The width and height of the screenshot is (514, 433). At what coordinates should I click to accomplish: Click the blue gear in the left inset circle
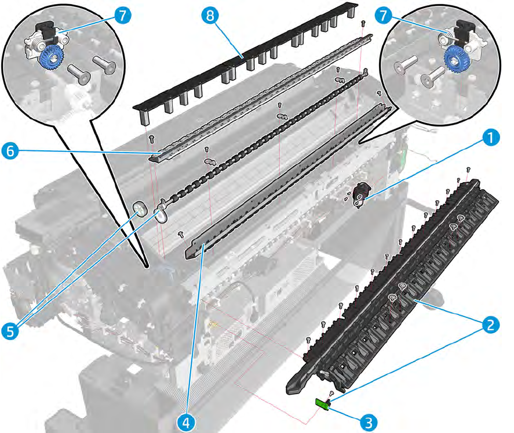[x=53, y=58]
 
